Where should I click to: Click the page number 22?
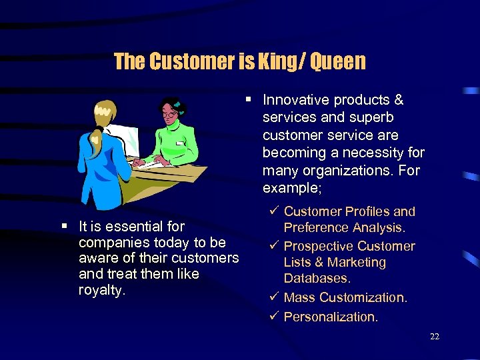point(435,337)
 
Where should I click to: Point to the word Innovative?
point(296,100)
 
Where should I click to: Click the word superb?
point(373,117)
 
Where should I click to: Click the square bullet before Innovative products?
point(248,100)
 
